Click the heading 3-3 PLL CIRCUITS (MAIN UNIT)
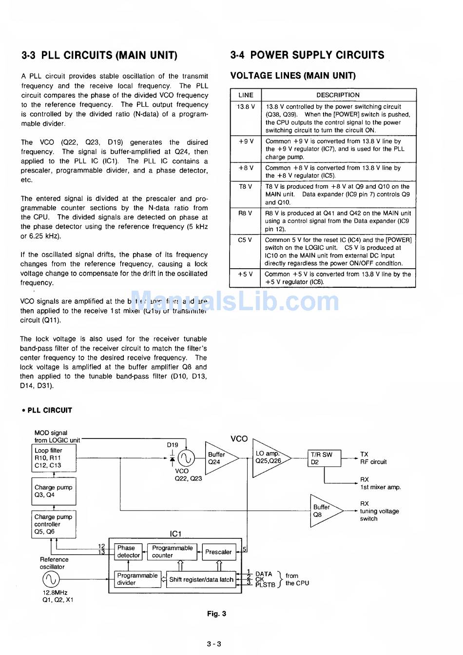pos(99,55)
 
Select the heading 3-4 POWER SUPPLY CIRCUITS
pos(307,55)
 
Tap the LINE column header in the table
pos(246,95)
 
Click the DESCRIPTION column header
pos(338,95)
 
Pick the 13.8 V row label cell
pos(246,107)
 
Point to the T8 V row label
pos(246,186)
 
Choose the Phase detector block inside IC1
pos(128,552)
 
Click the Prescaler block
pos(218,552)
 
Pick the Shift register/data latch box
pos(201,580)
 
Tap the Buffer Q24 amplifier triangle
pos(218,458)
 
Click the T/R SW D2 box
pos(324,458)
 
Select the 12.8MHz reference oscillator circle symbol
pos(51,579)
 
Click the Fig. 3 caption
pos(216,614)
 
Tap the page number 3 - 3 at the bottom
pos(214,644)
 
